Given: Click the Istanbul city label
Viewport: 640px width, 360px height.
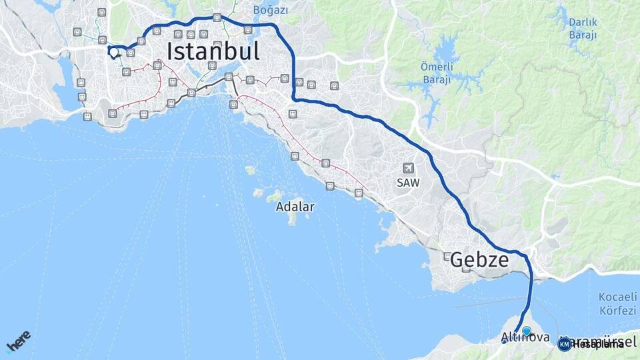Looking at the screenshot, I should coord(213,51).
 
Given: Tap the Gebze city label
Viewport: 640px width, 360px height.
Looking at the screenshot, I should coord(479,260).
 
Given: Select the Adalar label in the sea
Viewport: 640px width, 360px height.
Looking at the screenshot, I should coord(295,207).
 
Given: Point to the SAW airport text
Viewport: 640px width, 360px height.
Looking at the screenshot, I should coord(409,182).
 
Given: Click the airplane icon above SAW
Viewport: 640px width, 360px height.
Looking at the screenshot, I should coord(408,168).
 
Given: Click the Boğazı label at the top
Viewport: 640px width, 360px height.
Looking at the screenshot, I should coord(271,10).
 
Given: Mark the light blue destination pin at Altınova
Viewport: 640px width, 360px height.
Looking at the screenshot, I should coord(527,331).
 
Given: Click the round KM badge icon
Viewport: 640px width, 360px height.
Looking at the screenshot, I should coord(564,344).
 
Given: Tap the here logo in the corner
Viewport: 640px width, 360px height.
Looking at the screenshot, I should coord(18,341).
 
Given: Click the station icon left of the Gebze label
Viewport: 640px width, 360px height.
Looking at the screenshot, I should coord(447,256).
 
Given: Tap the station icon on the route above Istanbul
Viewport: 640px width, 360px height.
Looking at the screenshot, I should coord(217,18).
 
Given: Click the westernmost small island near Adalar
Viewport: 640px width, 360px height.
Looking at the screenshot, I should coord(250,170).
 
